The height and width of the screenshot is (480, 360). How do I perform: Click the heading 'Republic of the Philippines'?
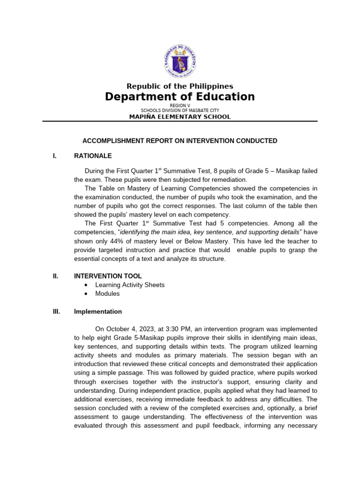180,86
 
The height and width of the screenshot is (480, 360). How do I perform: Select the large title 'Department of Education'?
180,97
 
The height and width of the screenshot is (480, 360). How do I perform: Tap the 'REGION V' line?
180,106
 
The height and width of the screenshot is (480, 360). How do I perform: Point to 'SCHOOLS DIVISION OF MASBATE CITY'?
180,111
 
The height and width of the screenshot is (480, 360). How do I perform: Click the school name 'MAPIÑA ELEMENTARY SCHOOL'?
180,117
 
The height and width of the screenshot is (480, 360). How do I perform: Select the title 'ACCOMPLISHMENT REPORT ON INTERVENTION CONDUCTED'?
180,141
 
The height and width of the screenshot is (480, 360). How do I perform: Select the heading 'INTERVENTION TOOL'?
108,276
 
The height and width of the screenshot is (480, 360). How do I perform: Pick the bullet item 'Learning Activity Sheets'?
130,285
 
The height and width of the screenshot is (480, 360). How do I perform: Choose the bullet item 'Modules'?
107,293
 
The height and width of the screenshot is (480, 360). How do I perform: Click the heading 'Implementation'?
98,312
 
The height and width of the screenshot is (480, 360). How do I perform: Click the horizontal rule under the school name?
180,121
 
